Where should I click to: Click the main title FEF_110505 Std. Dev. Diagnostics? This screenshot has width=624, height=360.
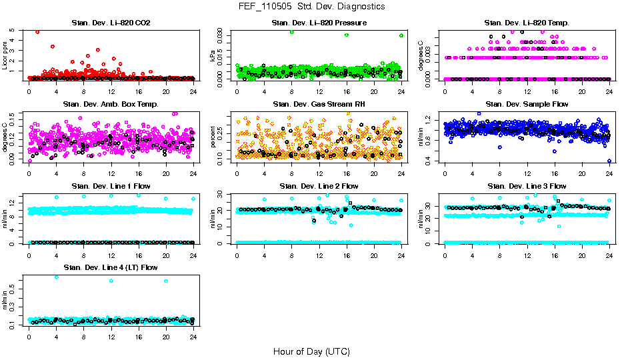(311, 7)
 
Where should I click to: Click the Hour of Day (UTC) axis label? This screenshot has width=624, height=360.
(311, 351)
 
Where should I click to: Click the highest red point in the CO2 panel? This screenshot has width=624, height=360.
(37, 32)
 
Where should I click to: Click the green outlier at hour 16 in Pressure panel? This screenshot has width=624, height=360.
(347, 35)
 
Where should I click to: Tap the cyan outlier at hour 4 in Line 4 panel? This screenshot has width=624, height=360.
(57, 277)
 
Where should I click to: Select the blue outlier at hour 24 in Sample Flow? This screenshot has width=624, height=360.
(609, 161)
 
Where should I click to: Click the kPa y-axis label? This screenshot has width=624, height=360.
(213, 56)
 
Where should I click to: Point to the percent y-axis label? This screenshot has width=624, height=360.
(213, 137)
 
